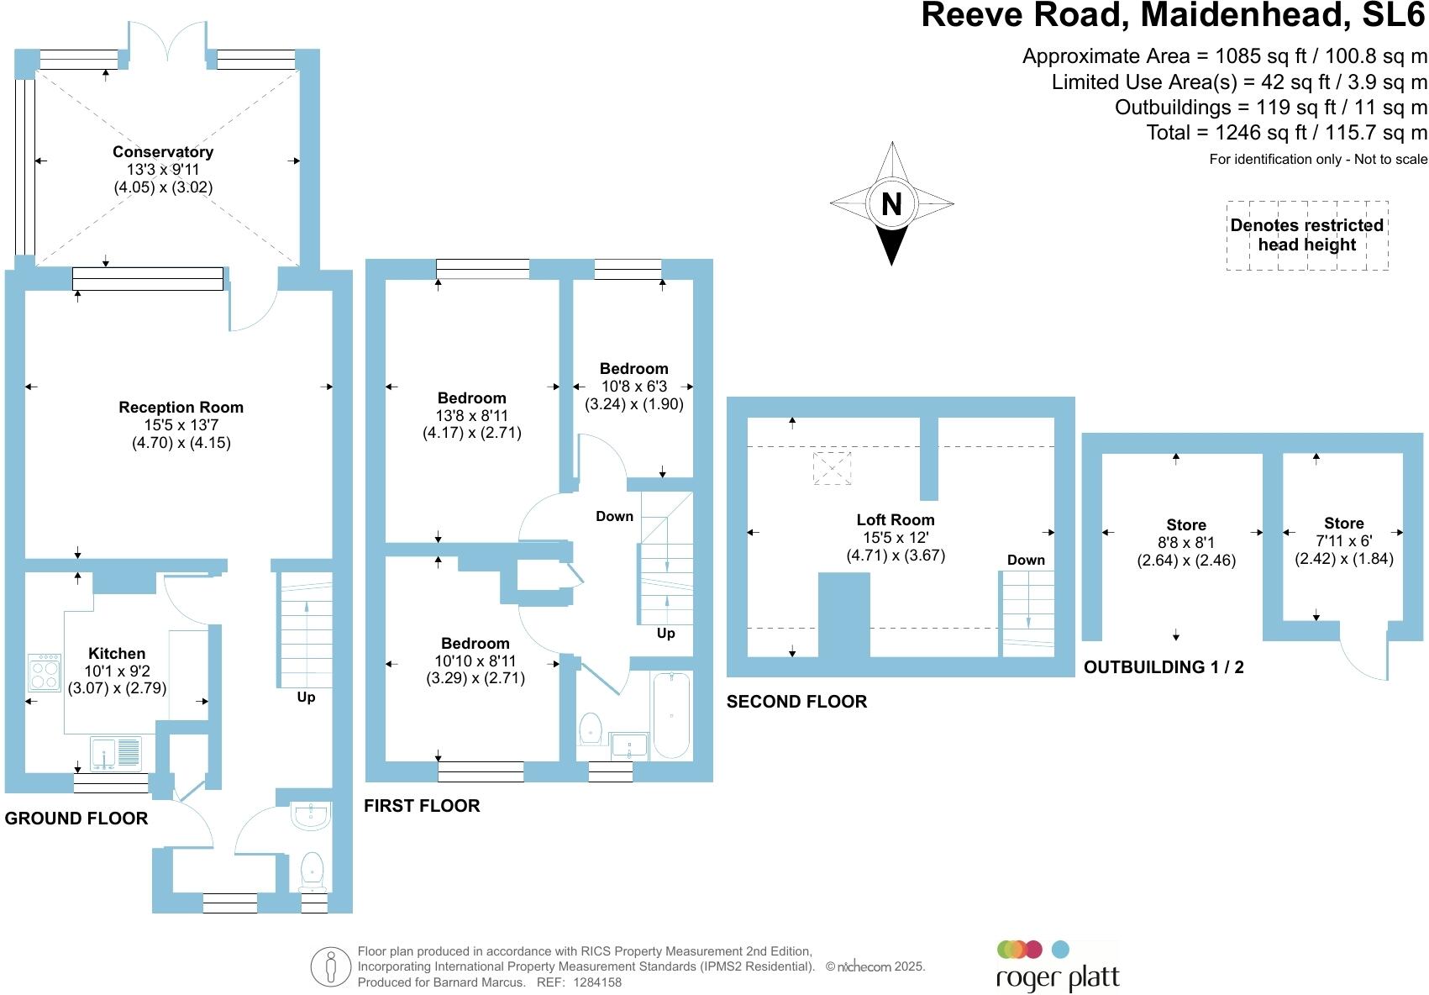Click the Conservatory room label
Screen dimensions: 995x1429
(x=163, y=152)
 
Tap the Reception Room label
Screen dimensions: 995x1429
(x=181, y=408)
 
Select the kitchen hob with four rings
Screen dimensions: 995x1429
(x=44, y=672)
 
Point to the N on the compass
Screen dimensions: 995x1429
(x=891, y=203)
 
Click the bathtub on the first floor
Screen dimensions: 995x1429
(x=671, y=715)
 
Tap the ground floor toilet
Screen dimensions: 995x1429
(x=313, y=871)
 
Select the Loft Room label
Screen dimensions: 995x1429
(x=895, y=520)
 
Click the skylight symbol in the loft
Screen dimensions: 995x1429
(x=832, y=468)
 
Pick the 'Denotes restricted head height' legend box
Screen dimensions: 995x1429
(x=1306, y=235)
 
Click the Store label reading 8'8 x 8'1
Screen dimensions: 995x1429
(x=1185, y=525)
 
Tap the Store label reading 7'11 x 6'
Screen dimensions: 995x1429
(x=1343, y=524)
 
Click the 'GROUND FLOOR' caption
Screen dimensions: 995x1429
(x=76, y=819)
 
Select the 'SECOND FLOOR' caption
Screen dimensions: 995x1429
(x=796, y=702)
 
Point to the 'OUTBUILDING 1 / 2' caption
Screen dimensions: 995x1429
(x=1164, y=667)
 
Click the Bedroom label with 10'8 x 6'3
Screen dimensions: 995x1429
(x=633, y=369)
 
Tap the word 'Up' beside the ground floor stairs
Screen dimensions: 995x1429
(x=306, y=697)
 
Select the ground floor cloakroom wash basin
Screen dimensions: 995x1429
(x=311, y=816)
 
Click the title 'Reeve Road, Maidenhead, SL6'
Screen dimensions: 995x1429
(x=1174, y=16)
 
